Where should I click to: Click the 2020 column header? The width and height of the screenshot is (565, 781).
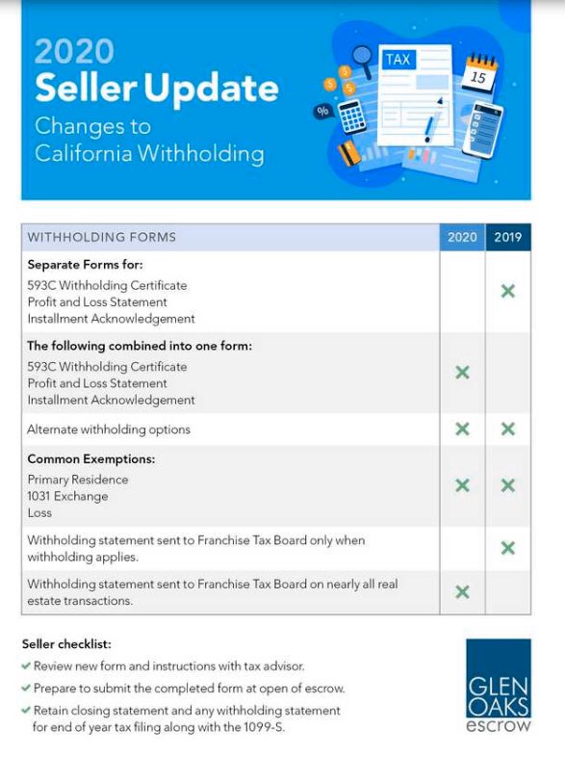[x=462, y=237]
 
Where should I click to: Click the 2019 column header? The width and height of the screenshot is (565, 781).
[x=508, y=237]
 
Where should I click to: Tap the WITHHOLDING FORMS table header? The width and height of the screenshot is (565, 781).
[x=102, y=237]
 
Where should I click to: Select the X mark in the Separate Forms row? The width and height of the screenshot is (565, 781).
[x=508, y=291]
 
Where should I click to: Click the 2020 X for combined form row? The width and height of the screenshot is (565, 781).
[x=462, y=373]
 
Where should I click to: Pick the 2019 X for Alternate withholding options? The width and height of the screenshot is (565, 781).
[x=508, y=430]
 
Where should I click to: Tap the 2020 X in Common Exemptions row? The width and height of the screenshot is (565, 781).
[x=462, y=485]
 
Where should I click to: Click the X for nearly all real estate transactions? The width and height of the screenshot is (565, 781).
[x=462, y=592]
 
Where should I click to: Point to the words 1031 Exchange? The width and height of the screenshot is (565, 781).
[x=67, y=497]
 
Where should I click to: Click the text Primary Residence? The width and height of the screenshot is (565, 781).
[x=77, y=480]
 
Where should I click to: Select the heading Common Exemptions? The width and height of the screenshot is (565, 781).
[x=91, y=459]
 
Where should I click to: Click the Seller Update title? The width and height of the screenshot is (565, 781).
[x=157, y=89]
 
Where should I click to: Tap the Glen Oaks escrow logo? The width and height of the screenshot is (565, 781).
[x=498, y=686]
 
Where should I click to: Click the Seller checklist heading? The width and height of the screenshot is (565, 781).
[x=66, y=643]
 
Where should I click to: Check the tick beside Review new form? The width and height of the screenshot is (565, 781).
[x=26, y=665]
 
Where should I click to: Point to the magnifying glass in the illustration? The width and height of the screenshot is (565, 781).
[x=363, y=60]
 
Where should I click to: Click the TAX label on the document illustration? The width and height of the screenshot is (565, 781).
[x=398, y=60]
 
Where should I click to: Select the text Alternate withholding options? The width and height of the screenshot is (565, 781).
[x=109, y=430]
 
